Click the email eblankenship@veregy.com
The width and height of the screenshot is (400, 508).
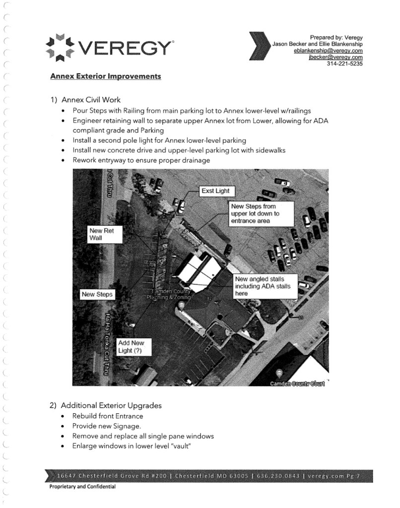[328, 51]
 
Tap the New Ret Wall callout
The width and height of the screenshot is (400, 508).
[104, 235]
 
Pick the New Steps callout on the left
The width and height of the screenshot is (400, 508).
[97, 294]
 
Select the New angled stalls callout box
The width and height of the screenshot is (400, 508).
[266, 286]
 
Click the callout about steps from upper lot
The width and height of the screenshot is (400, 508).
[261, 213]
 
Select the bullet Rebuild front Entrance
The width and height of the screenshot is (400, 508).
[107, 416]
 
